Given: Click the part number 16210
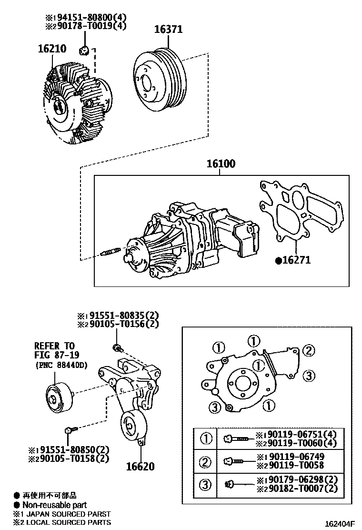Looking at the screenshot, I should pos(52,49).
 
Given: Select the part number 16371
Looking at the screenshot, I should pos(168,30).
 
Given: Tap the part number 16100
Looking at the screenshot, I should pos(221,164).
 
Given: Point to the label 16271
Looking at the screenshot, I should pos(295,260).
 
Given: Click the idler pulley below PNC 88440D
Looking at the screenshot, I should pos(59,397).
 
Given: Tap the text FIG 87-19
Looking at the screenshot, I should pos(57,355).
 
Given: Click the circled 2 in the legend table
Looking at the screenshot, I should pos(206,461).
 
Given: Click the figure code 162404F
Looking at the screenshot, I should pos(340,524).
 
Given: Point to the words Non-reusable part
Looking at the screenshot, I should pos(54,505).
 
